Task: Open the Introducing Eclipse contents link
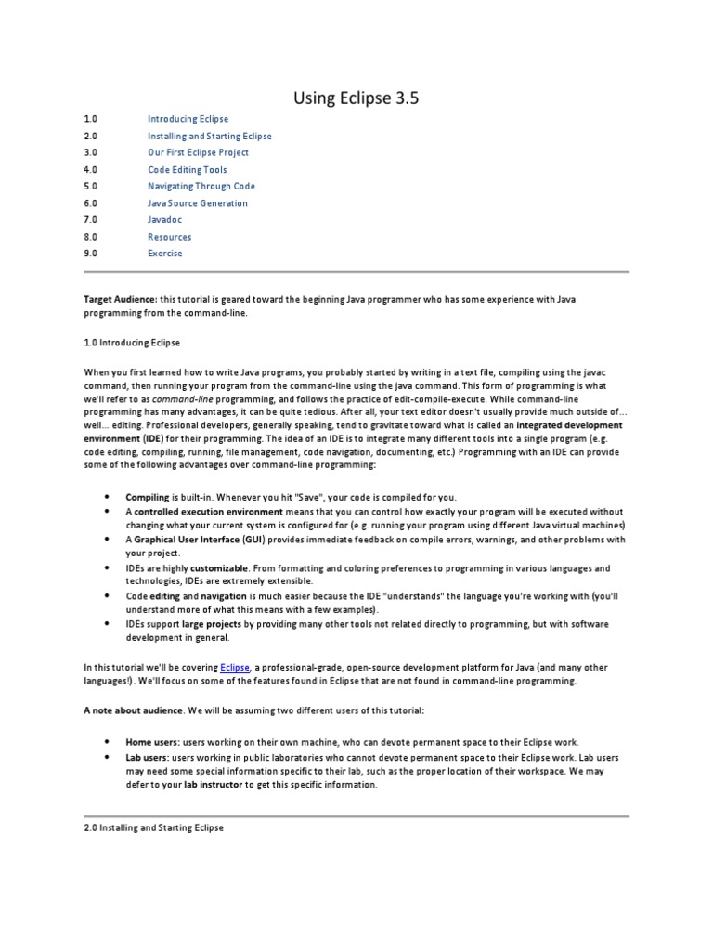[188, 119]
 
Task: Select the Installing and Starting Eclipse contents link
[210, 136]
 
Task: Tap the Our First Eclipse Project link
[198, 152]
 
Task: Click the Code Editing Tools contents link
[187, 170]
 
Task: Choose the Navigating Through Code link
[201, 186]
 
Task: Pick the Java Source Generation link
[198, 202]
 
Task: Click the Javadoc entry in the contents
[164, 220]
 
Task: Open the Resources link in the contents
[169, 237]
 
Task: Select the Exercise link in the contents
[165, 253]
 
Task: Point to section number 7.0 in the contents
[90, 220]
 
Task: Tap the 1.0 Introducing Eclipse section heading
[132, 343]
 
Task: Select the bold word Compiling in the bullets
[147, 497]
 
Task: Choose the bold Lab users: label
[148, 758]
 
